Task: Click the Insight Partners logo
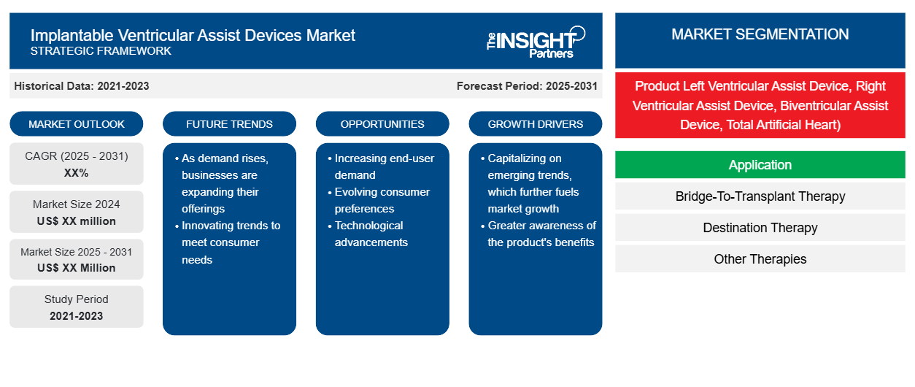click(x=536, y=42)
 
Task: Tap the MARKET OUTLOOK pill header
click(x=77, y=124)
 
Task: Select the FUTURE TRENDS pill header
click(x=229, y=124)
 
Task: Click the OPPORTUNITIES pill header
click(x=382, y=124)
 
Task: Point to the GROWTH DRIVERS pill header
click(x=535, y=124)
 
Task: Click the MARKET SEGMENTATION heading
click(x=760, y=34)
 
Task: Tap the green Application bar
click(x=760, y=165)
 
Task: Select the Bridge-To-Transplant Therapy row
click(x=760, y=196)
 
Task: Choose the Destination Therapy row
click(x=760, y=228)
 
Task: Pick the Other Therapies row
click(x=760, y=259)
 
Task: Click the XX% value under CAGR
click(x=77, y=173)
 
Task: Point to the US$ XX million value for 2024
click(x=77, y=221)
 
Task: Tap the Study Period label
click(x=77, y=299)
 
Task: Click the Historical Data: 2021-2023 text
click(x=82, y=86)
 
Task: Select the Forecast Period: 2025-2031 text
click(x=527, y=86)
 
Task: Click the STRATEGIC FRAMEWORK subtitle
click(x=101, y=51)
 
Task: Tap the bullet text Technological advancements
click(x=371, y=234)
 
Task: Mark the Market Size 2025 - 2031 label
click(x=77, y=252)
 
